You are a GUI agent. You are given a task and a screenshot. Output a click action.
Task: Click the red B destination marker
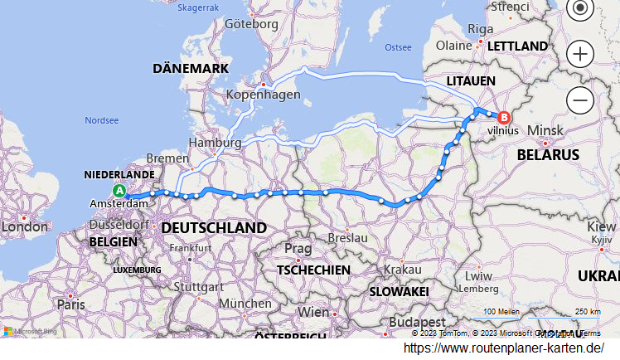pyautogui.click(x=502, y=118)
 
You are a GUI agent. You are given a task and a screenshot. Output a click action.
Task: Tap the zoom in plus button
pyautogui.click(x=580, y=55)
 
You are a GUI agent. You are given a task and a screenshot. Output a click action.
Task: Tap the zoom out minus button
pyautogui.click(x=580, y=100)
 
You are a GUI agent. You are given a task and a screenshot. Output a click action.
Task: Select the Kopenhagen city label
pyautogui.click(x=264, y=95)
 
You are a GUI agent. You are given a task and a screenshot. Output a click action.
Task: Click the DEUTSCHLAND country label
pyautogui.click(x=214, y=227)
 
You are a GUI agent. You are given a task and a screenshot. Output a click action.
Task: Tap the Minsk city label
pyautogui.click(x=545, y=131)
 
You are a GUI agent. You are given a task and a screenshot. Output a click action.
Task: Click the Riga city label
pyautogui.click(x=480, y=29)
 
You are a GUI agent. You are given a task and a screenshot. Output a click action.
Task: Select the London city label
pyautogui.click(x=26, y=226)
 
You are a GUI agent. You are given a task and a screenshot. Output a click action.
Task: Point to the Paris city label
pyautogui.click(x=70, y=304)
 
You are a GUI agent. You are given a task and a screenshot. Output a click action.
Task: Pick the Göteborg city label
pyautogui.click(x=252, y=24)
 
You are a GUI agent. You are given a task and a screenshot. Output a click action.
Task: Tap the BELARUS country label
pyautogui.click(x=548, y=154)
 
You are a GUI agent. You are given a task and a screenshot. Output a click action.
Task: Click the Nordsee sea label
pyautogui.click(x=101, y=120)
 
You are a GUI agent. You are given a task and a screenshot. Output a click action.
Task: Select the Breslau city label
pyautogui.click(x=347, y=237)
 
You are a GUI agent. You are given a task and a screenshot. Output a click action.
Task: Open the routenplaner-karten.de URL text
pyautogui.click(x=504, y=348)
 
